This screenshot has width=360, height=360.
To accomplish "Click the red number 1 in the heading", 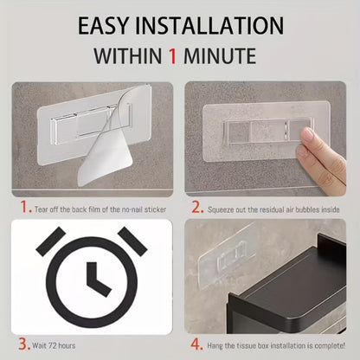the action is click(x=172, y=55).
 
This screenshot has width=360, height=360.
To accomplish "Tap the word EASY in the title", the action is click(x=102, y=26).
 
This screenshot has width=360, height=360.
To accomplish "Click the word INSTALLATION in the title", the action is click(x=209, y=26).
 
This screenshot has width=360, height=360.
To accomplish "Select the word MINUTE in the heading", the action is click(x=220, y=55).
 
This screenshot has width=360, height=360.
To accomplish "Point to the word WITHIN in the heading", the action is click(x=127, y=55).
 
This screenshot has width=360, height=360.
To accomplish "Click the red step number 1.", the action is click(x=26, y=207).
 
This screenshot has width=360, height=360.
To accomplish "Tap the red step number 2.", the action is click(x=197, y=208).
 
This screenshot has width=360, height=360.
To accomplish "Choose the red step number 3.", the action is click(x=24, y=344).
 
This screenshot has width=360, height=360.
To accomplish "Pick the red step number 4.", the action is click(x=196, y=344).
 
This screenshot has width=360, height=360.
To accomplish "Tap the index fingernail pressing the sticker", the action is click(x=307, y=135).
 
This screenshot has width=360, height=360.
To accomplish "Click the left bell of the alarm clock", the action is click(x=51, y=241).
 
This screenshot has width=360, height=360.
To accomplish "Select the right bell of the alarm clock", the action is click(x=132, y=241).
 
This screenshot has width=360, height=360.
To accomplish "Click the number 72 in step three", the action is click(x=53, y=345).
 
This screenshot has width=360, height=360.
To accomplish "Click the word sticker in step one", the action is click(x=155, y=209).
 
